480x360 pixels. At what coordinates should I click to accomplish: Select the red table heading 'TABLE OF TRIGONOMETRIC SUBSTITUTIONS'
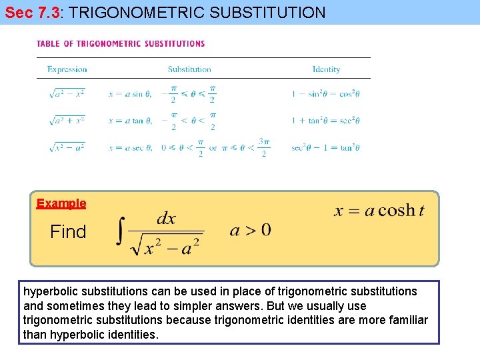(121, 44)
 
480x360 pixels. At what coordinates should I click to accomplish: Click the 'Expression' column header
(67, 69)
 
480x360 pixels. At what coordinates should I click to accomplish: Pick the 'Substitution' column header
(189, 69)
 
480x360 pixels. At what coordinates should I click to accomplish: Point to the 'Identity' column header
(326, 69)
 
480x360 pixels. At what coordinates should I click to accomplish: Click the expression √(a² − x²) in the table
(67, 94)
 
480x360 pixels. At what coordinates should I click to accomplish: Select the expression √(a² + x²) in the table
(67, 121)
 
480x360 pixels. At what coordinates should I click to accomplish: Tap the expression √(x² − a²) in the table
(67, 147)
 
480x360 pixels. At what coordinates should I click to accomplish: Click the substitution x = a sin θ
(130, 94)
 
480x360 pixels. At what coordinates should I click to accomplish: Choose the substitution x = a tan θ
(131, 121)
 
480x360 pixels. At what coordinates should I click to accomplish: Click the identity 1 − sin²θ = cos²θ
(325, 94)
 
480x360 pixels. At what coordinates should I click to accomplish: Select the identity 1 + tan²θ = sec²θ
(325, 121)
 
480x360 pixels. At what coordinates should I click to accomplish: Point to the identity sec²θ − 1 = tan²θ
(325, 147)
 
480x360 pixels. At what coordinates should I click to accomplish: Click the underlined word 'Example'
(61, 203)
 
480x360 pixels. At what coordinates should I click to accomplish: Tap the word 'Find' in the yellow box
(68, 232)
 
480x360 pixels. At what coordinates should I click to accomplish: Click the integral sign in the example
(120, 233)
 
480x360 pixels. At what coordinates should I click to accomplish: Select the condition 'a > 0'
(250, 231)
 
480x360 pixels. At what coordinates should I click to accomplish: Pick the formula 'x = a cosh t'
(379, 211)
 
